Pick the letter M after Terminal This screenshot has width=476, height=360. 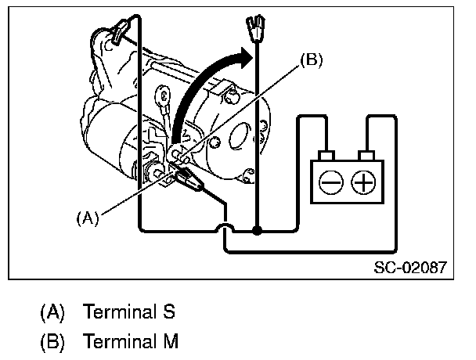click(x=171, y=341)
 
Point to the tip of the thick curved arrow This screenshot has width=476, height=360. click(x=253, y=53)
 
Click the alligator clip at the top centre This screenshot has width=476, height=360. click(x=256, y=32)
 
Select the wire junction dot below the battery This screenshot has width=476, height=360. click(x=258, y=231)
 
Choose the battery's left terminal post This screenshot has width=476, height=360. click(x=330, y=153)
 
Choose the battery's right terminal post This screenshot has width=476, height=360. click(x=364, y=153)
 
